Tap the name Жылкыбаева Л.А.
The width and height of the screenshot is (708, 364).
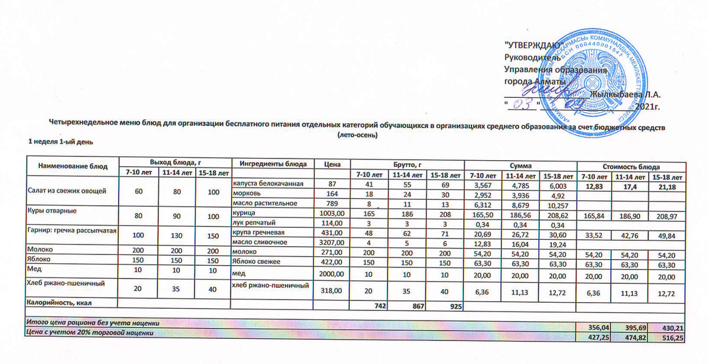(x=626, y=93)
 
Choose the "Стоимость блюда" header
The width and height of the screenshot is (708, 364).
(x=631, y=167)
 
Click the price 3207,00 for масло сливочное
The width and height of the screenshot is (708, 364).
(x=330, y=242)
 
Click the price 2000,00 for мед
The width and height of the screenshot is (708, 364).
(x=330, y=274)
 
